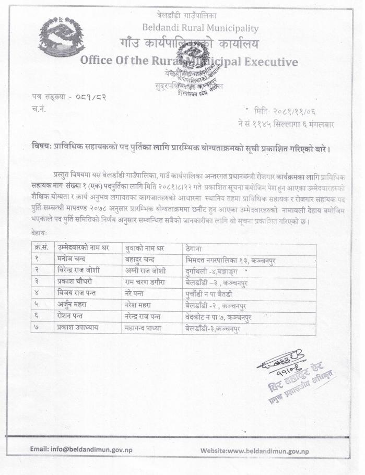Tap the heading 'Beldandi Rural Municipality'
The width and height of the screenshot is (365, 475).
point(200,28)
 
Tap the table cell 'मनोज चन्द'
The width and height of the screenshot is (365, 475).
point(73,258)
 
